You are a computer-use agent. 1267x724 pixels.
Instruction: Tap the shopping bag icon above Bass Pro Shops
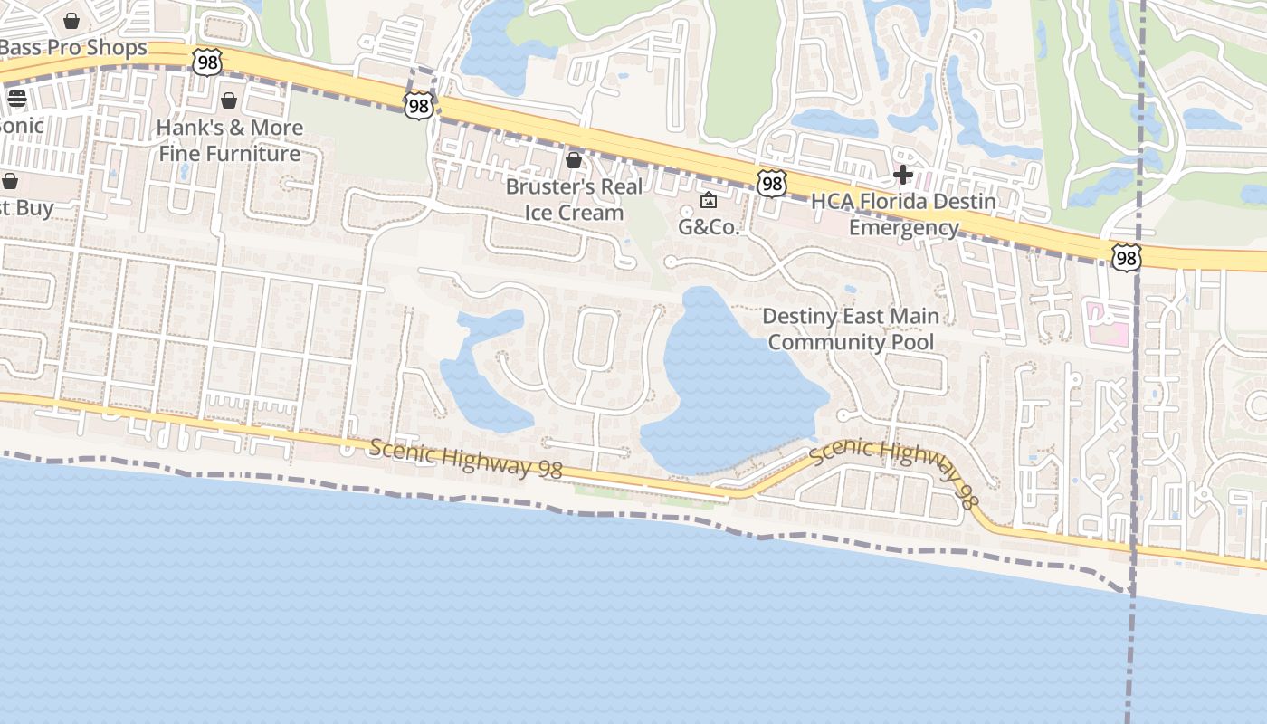coord(71,20)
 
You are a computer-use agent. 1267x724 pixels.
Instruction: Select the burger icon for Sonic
coord(16,99)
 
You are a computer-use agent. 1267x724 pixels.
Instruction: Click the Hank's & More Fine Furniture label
coord(230,140)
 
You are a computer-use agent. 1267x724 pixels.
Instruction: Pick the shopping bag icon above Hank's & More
coord(229,100)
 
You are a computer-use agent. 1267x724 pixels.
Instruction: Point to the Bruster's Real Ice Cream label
coord(574,199)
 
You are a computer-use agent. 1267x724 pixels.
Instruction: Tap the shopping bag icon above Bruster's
coord(573,160)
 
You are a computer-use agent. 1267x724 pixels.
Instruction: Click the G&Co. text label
coord(709,226)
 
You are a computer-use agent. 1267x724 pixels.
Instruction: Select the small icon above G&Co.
coord(709,200)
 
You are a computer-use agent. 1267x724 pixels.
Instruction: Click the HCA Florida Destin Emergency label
coord(903,214)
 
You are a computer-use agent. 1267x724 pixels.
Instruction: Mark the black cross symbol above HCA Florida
coord(902,174)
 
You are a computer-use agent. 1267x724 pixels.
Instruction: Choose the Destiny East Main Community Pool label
coord(851,329)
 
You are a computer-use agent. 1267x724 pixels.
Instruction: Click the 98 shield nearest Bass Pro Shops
coord(207,62)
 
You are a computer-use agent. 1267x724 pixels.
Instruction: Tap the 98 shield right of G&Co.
coord(771,184)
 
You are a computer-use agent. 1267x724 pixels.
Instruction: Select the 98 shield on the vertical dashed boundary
coord(1126,258)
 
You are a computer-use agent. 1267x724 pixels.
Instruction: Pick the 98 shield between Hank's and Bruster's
coord(418,106)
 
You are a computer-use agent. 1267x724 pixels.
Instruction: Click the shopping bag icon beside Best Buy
coord(10,181)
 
